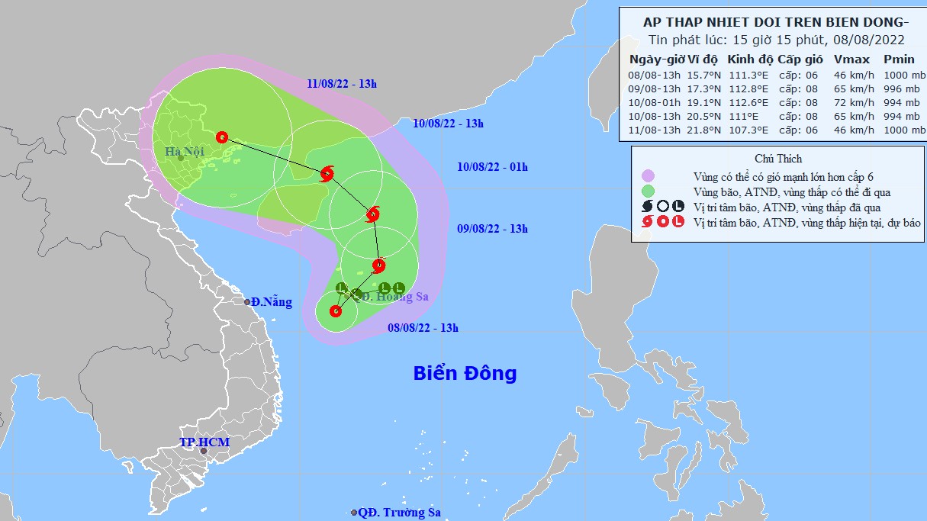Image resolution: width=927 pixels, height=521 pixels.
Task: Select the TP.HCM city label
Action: coord(204,442)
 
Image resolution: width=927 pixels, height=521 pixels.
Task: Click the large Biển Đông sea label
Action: coord(465,374)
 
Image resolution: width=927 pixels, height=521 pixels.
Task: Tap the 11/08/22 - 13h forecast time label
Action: coord(342,83)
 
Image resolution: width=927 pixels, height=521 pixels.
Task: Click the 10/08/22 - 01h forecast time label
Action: coord(492,167)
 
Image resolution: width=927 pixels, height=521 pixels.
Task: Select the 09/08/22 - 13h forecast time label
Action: coord(492,229)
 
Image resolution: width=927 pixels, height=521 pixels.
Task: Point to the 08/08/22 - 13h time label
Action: coord(423,328)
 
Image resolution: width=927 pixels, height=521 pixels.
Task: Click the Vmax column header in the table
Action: coord(847,59)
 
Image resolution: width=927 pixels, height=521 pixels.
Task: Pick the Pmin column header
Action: coord(899,59)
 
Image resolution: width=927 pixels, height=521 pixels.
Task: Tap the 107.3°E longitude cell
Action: coord(749,130)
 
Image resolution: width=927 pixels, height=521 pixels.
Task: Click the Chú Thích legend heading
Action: coord(778,159)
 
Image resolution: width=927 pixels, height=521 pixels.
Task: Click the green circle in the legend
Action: coord(648,192)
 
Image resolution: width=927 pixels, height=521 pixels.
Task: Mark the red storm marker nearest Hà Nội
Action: coord(222,137)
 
